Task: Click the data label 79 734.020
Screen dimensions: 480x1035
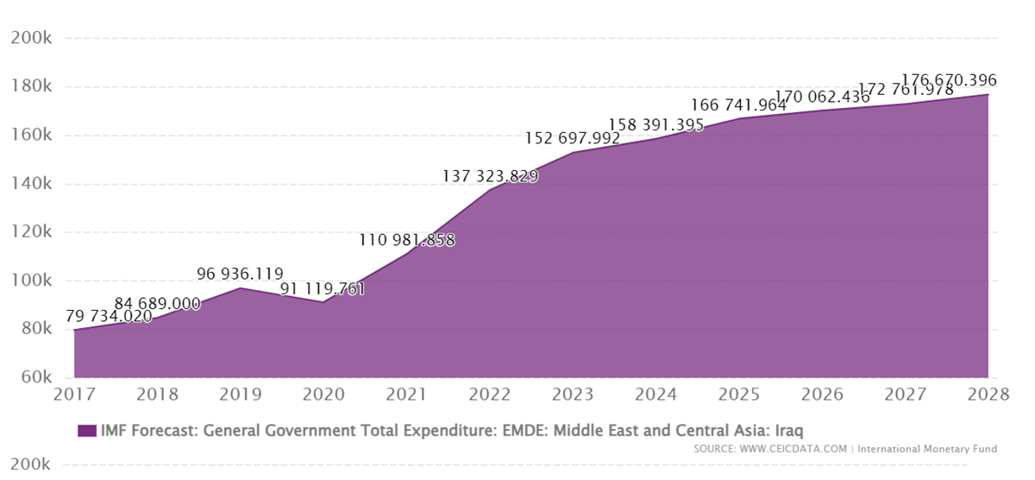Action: [x=109, y=316]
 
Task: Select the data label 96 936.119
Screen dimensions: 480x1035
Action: [x=240, y=275]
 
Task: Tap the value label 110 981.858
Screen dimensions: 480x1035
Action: [x=406, y=240]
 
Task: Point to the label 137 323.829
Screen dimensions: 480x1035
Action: [x=490, y=176]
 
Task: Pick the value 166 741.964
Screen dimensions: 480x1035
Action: [x=739, y=104]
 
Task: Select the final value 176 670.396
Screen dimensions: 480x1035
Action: [x=949, y=80]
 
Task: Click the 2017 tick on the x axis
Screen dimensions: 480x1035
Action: [x=74, y=395]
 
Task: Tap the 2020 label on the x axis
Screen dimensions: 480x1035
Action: [x=323, y=395]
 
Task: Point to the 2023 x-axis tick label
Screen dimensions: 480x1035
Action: [x=573, y=395]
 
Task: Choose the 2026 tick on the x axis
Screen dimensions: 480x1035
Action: [x=822, y=395]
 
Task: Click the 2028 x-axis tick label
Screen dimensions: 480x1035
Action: [x=988, y=395]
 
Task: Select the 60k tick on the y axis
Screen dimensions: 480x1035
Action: [x=32, y=377]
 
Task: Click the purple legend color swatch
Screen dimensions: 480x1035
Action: [x=86, y=430]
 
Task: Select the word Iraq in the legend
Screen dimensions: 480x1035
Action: [x=787, y=430]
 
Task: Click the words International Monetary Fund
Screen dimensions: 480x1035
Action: [x=928, y=449]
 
